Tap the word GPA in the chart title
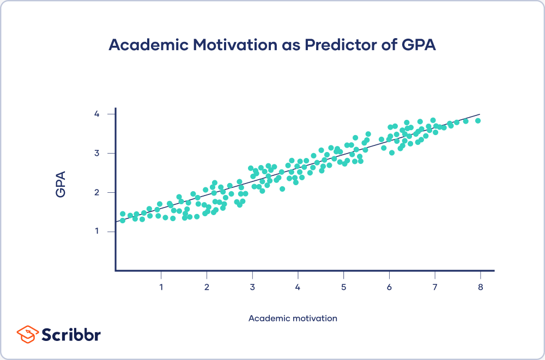[417, 45]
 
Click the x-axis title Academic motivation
[293, 318]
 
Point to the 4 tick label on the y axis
[96, 114]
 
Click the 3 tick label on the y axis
[96, 153]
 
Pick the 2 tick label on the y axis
[96, 192]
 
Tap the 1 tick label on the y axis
[96, 231]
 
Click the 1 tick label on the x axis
[161, 286]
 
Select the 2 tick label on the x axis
[207, 286]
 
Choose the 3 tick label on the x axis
[252, 286]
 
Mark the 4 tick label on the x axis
[298, 286]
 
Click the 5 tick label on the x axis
[343, 286]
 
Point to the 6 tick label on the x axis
[389, 286]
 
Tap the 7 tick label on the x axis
[434, 286]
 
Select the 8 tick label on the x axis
[480, 286]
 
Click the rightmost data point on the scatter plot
[478, 121]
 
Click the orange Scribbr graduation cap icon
[27, 334]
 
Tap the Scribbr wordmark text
[71, 334]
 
